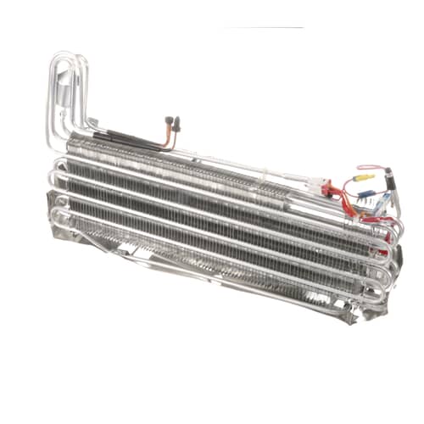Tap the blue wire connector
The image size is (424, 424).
pyautogui.click(x=365, y=193)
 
